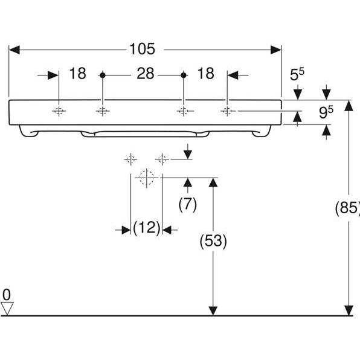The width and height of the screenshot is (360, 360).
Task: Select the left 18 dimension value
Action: (77, 74)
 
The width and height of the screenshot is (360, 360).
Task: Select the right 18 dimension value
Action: (205, 74)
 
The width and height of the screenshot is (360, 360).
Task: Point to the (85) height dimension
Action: (347, 208)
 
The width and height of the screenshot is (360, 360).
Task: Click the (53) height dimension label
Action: (213, 242)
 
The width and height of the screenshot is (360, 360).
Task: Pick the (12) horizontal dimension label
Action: (146, 228)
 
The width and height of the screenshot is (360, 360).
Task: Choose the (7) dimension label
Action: (187, 205)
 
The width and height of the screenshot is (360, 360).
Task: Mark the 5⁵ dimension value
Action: (297, 75)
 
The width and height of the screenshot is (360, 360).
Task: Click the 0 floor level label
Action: (7, 295)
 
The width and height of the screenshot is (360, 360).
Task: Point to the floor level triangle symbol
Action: (7, 308)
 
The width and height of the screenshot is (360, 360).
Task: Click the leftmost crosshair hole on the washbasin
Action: (59, 111)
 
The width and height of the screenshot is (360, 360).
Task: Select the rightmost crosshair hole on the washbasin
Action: (228, 111)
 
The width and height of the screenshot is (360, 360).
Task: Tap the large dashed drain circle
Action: (146, 178)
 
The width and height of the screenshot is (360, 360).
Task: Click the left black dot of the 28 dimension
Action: (102, 75)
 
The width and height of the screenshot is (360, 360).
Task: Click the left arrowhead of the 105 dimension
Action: (13, 49)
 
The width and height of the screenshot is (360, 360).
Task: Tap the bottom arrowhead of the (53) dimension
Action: (213, 310)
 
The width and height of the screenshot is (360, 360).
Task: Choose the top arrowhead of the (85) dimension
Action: (349, 105)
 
